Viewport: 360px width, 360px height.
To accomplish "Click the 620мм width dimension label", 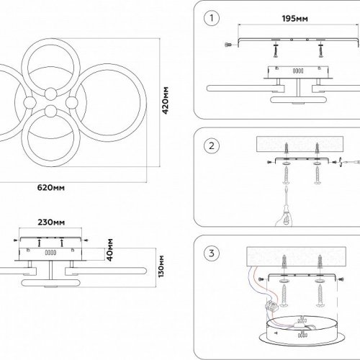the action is (x=51, y=187).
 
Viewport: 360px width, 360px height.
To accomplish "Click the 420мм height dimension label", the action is (x=166, y=101).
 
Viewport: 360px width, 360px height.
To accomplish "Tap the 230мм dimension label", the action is (x=51, y=222).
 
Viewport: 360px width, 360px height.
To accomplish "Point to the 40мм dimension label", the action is (x=110, y=250).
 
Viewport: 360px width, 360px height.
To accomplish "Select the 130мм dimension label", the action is (x=161, y=266).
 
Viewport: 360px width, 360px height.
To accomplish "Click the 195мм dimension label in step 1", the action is (x=294, y=19).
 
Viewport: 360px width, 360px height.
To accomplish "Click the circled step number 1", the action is (x=212, y=18).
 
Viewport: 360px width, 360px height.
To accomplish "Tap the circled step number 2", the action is (x=212, y=145).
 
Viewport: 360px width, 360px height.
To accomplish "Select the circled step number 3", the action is (x=212, y=253).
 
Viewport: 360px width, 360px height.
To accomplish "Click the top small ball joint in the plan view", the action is (x=51, y=94).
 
